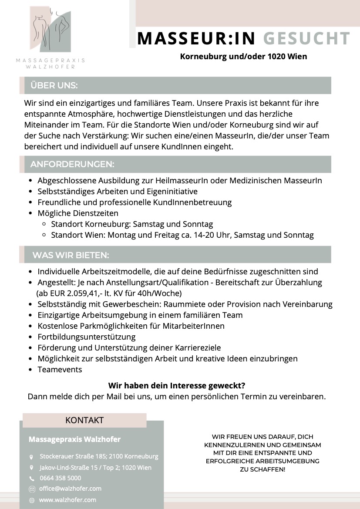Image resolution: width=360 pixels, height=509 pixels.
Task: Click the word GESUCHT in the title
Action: tap(306, 38)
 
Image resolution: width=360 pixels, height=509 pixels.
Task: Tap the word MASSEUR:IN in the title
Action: tap(196, 38)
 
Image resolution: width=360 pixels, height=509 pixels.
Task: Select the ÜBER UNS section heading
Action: tap(54, 86)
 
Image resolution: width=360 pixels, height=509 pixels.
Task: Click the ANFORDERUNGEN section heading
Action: tap(72, 165)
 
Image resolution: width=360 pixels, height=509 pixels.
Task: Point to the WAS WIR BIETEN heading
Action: tap(71, 255)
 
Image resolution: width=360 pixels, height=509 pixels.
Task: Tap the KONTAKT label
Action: tap(84, 420)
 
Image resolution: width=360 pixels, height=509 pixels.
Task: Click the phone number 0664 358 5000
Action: tap(60, 478)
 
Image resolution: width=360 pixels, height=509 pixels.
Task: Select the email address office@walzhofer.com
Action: tap(70, 489)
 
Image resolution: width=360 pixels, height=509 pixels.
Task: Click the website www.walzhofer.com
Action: tap(67, 500)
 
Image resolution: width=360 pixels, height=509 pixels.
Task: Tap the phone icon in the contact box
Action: tap(31, 479)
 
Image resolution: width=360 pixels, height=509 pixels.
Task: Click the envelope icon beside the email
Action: tap(31, 489)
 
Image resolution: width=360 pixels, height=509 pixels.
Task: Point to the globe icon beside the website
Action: tap(31, 500)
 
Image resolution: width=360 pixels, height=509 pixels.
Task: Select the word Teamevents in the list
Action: tap(60, 370)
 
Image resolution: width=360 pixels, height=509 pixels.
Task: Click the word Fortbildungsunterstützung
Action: tap(87, 337)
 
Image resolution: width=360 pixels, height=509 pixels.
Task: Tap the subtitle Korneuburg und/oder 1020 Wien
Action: tap(243, 57)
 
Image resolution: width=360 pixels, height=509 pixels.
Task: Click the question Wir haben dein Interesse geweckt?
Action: tap(177, 386)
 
